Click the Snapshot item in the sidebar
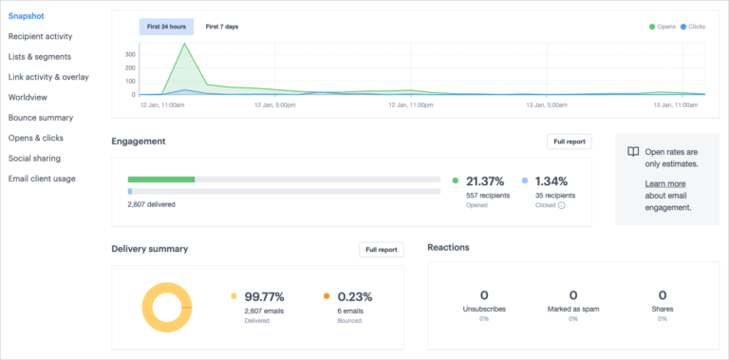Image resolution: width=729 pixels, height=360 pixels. tap(26, 16)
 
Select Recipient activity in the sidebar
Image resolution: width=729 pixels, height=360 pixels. tap(53, 36)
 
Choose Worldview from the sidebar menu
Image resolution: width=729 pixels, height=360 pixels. tap(29, 97)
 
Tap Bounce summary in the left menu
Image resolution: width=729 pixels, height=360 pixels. tap(41, 118)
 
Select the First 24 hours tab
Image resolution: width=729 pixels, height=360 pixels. tap(166, 27)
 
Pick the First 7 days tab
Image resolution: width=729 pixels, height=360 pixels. tap(221, 27)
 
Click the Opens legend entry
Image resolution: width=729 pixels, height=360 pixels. tap(663, 27)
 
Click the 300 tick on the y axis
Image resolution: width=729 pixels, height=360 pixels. tap(130, 54)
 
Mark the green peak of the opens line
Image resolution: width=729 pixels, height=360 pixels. tap(183, 44)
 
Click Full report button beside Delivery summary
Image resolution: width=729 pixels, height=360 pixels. tap(382, 250)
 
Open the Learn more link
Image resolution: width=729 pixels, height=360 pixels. tap(665, 183)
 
